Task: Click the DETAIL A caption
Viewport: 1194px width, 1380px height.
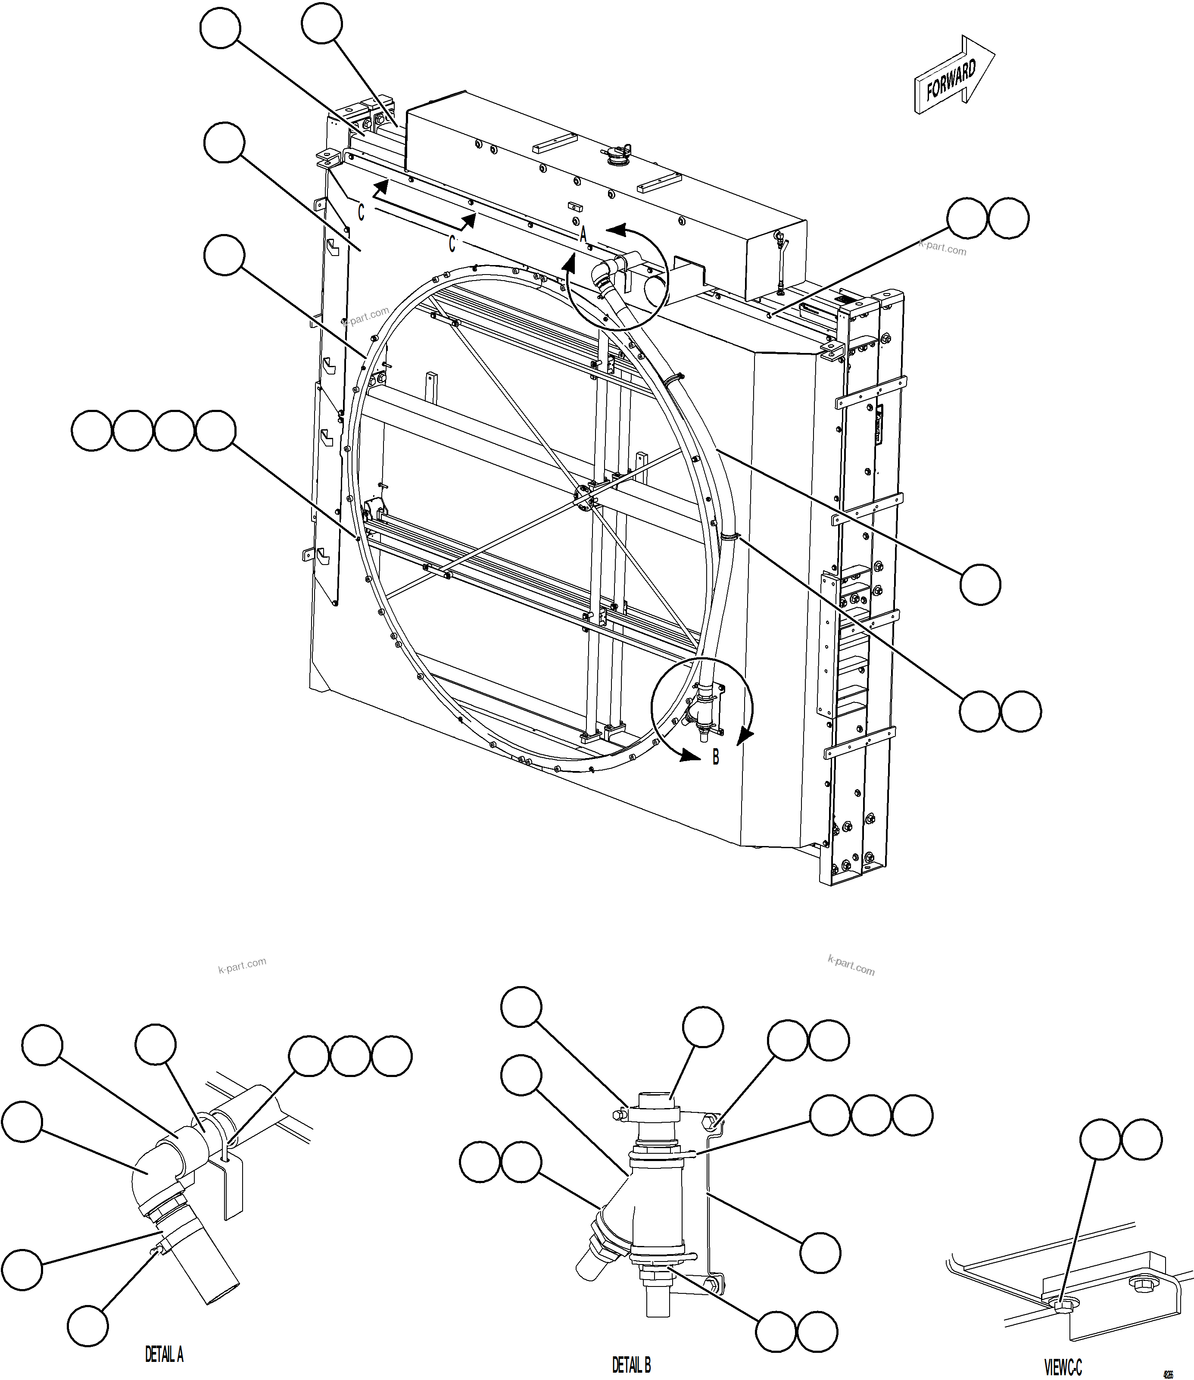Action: [x=164, y=1354]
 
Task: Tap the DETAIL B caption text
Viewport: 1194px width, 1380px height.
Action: [x=631, y=1364]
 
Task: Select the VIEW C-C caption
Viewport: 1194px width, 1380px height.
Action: [x=1062, y=1368]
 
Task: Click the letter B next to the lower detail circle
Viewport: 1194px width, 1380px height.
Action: [x=716, y=758]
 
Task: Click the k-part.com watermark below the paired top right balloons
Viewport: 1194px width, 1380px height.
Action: [x=942, y=248]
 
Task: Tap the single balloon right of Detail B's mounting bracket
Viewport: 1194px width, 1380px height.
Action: [x=820, y=1253]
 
